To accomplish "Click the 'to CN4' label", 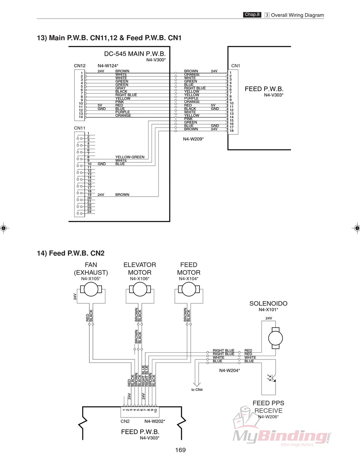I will tap(197, 390).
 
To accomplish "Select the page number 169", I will tap(180, 450).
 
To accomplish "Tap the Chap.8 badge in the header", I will tap(252, 15).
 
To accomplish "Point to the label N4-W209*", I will tap(193, 139).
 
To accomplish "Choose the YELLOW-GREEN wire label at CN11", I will tap(130, 157).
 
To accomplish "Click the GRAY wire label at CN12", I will tap(121, 88).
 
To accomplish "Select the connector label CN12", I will tap(80, 66).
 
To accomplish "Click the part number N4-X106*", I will tap(139, 279).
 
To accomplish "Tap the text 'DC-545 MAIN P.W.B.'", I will tap(135, 54).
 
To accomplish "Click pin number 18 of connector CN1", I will tap(231, 131).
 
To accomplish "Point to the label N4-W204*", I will tap(230, 370).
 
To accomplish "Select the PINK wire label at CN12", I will tap(120, 102).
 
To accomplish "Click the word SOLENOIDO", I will tap(268, 303).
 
